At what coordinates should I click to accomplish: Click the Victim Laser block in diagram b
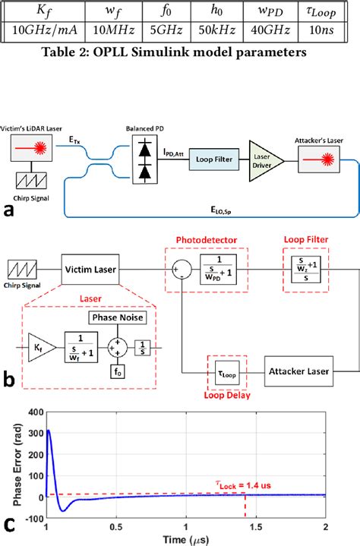pyautogui.click(x=89, y=270)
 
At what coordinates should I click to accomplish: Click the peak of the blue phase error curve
pyautogui.click(x=49, y=431)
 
